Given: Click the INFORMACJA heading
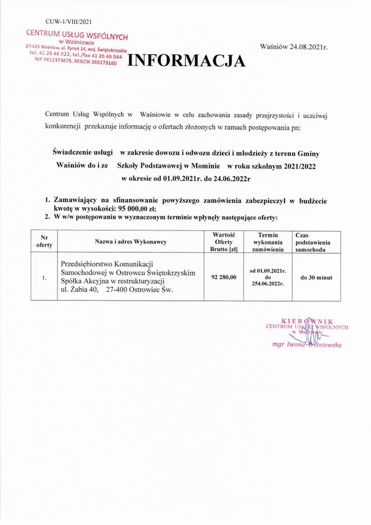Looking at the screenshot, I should (186, 61).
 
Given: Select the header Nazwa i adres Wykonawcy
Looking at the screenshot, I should (130, 242).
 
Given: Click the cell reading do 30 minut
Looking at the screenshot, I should (316, 277).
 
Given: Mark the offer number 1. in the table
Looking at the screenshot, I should (45, 277).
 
